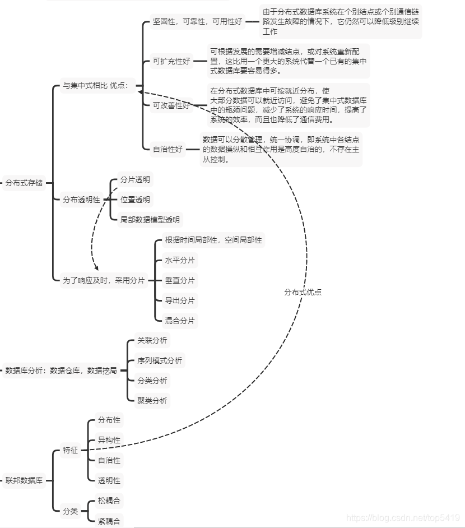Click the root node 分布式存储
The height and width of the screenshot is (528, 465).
(x=24, y=183)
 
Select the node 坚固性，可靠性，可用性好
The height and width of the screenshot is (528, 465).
(x=197, y=21)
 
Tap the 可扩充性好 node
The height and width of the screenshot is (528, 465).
(x=171, y=62)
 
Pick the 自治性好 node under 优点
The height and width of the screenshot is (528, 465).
(x=168, y=149)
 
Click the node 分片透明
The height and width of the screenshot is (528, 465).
(x=135, y=179)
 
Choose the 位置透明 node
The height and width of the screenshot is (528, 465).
(x=135, y=200)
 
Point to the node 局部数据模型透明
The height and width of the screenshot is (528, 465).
(x=150, y=220)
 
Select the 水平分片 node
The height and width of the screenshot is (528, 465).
(x=179, y=261)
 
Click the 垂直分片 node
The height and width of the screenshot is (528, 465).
(x=179, y=281)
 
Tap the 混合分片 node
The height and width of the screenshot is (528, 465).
(x=179, y=321)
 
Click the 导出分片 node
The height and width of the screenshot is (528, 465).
(x=179, y=301)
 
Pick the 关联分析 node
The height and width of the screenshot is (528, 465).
(x=152, y=340)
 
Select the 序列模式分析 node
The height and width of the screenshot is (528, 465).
(x=159, y=360)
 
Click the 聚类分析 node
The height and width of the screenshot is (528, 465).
(x=152, y=401)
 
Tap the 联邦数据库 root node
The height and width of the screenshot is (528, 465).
(x=24, y=480)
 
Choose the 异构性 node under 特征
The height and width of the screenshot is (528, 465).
(x=109, y=440)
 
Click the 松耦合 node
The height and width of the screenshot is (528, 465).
(x=109, y=501)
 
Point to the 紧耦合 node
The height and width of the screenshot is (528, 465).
(x=109, y=521)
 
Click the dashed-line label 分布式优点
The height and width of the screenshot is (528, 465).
(x=303, y=292)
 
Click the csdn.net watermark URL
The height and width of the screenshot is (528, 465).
(x=403, y=518)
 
